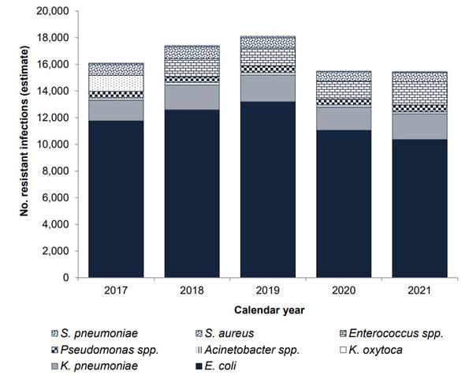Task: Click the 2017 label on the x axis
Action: tap(115, 291)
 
